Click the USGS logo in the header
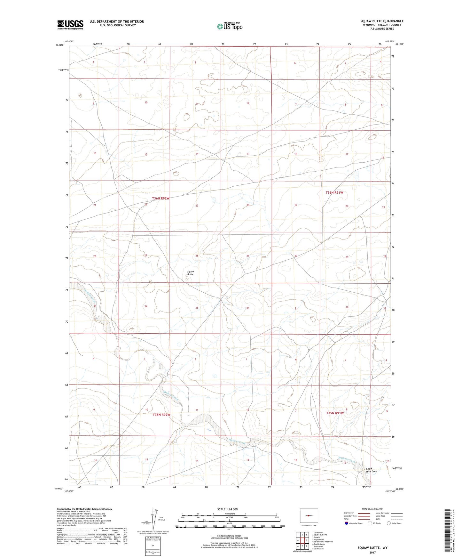point(70,25)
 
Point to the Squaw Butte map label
point(190,273)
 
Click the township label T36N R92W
point(161,198)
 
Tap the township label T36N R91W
point(334,192)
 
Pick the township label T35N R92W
point(161,415)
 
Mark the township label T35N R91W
point(335,413)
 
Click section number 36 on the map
point(248,308)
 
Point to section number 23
point(197,206)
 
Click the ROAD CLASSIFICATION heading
point(372,509)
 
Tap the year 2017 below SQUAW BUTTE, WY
point(372,553)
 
